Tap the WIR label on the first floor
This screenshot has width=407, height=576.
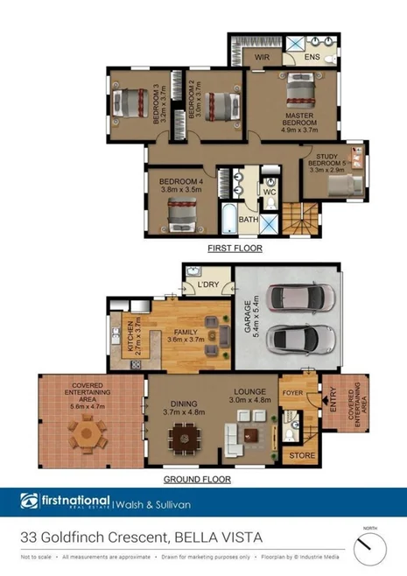[260, 57]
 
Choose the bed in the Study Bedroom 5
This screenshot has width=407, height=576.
[341, 185]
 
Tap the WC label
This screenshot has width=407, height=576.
[270, 191]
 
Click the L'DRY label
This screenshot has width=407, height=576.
[207, 285]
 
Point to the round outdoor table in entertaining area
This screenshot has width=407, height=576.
[87, 432]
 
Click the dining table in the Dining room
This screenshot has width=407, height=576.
[184, 435]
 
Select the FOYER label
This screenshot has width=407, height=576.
[292, 393]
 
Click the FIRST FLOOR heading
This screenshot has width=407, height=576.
[235, 249]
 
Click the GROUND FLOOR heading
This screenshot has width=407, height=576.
[198, 479]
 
